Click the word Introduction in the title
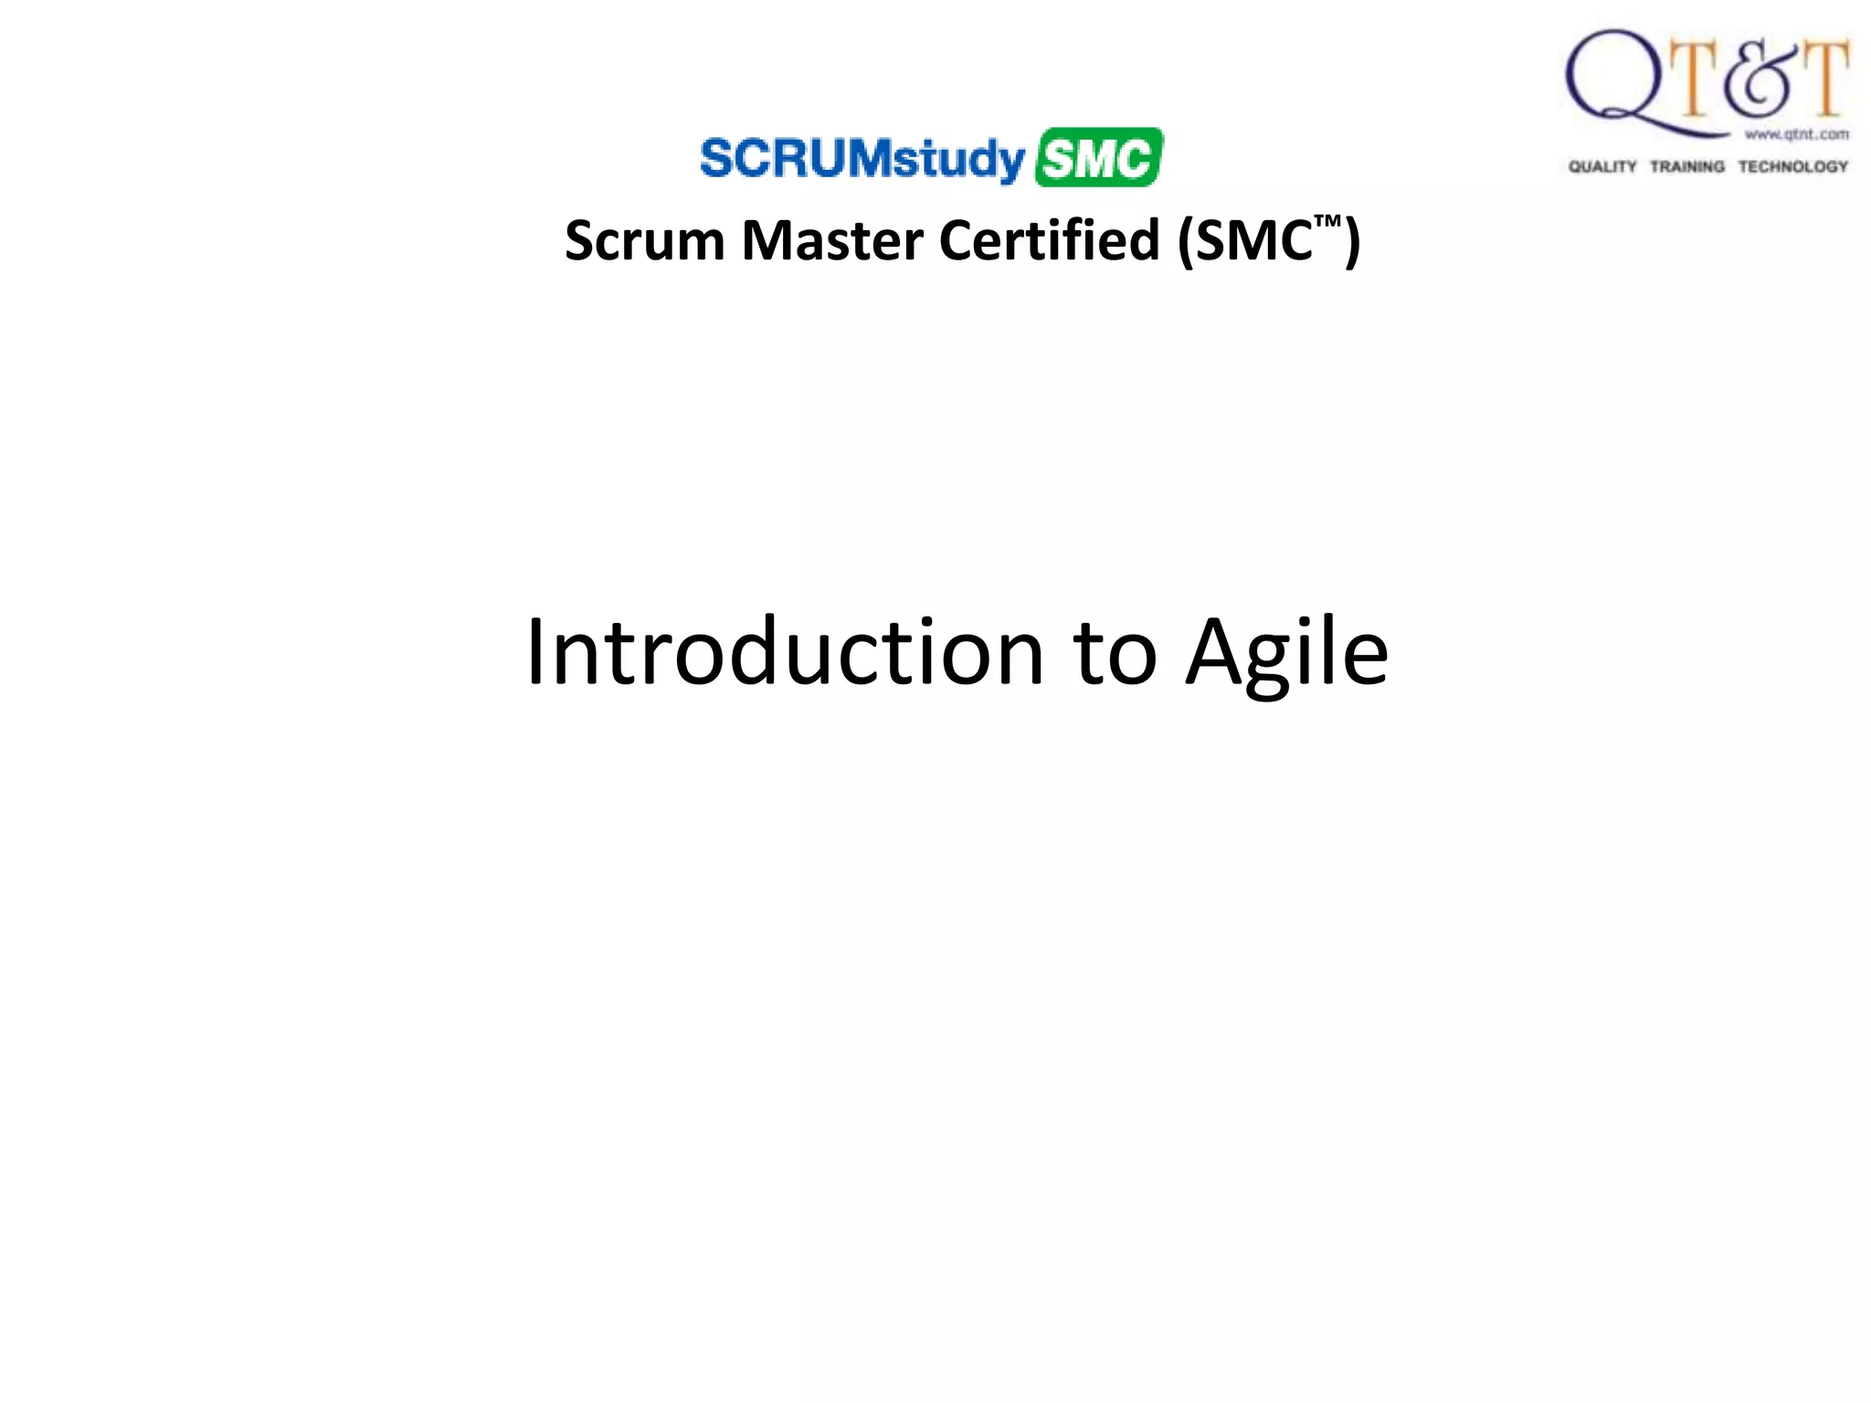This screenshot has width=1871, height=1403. (785, 652)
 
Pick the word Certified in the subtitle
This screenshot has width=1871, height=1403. (1049, 241)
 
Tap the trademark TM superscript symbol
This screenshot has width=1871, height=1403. (1327, 222)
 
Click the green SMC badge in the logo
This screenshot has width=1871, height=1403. (1098, 158)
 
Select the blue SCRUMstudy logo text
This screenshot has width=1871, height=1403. (862, 159)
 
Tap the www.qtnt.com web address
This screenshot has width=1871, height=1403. (1796, 134)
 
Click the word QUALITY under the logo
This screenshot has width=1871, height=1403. (1602, 166)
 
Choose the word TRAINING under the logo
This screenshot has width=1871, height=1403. (1687, 166)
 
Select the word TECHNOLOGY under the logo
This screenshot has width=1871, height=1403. (1792, 166)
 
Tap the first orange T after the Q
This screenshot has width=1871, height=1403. (1696, 79)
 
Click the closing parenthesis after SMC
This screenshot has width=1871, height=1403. (1351, 243)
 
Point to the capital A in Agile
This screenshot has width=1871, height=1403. (1220, 652)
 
